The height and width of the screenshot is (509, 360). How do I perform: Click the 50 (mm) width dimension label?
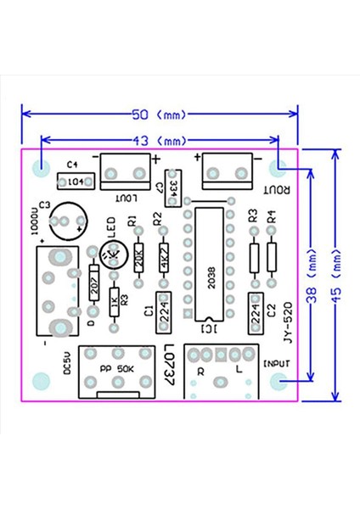coord(160,114)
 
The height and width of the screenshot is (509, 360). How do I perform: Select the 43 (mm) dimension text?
coord(160,140)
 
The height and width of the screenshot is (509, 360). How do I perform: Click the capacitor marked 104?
coord(75,182)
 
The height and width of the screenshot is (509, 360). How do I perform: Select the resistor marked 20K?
coord(139,257)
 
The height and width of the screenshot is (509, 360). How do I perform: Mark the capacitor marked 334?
coord(173,186)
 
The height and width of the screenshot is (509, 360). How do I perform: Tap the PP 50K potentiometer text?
coord(112,369)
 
